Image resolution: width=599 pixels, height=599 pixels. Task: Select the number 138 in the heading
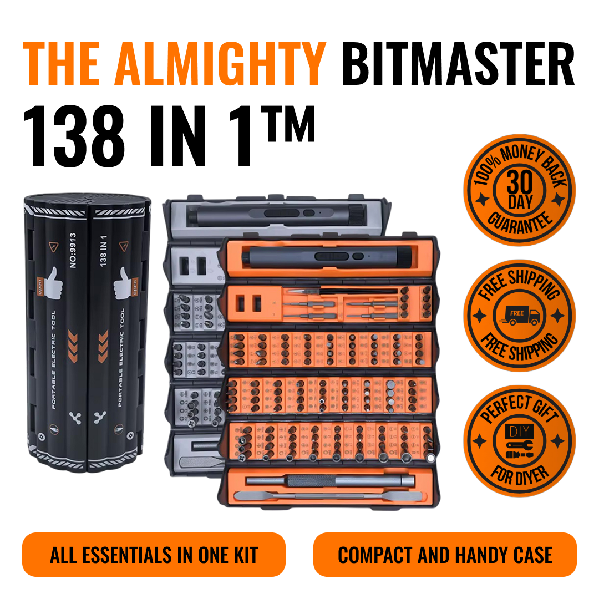[x=74, y=136]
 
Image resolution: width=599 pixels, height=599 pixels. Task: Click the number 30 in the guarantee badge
[x=520, y=182]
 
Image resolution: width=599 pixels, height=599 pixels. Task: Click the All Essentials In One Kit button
[x=154, y=555]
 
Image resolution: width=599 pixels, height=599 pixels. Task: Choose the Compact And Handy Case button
[x=445, y=555]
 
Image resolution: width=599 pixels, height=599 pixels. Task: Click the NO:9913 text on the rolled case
[x=73, y=250]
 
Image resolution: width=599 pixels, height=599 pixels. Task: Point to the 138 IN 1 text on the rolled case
[x=103, y=251]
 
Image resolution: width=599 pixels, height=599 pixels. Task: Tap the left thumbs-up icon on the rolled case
[x=53, y=283]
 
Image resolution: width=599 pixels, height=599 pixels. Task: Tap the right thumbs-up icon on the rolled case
[x=123, y=283]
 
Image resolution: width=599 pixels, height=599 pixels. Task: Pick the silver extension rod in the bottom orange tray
[x=331, y=480]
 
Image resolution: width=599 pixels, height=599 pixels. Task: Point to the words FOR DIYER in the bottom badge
[x=520, y=476]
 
